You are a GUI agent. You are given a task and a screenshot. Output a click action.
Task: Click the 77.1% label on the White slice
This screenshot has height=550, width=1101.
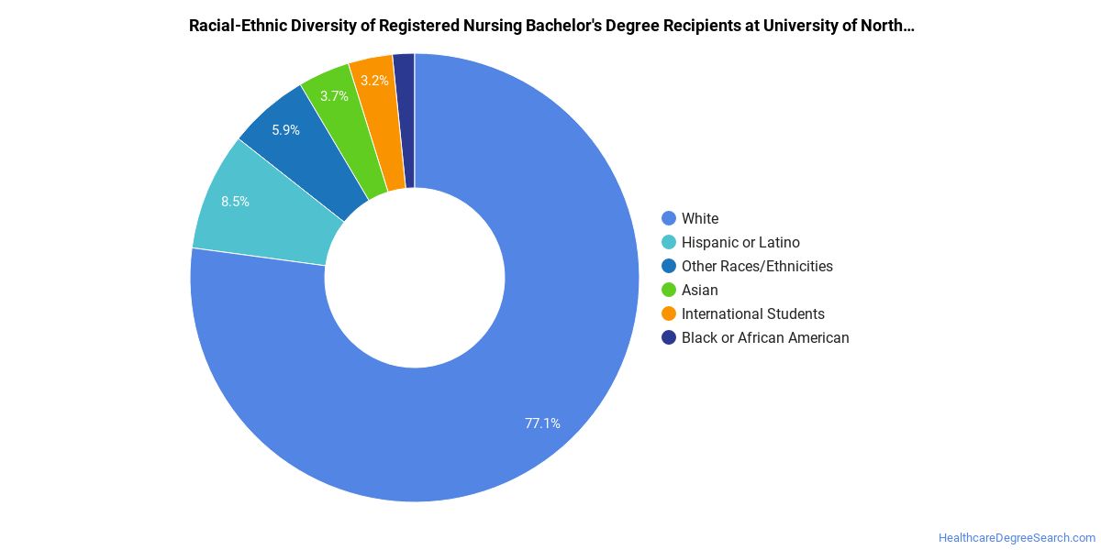tap(542, 423)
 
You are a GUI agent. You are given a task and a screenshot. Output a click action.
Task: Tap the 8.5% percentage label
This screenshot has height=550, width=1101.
tap(235, 202)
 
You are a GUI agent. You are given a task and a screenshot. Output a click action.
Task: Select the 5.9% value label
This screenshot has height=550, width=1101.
tap(285, 130)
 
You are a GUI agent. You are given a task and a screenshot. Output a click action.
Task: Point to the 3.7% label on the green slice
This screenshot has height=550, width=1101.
tap(334, 95)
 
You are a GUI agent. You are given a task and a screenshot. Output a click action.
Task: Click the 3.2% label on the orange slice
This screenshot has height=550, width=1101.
tap(374, 81)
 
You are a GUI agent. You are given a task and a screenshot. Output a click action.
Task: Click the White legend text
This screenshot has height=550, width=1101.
tap(700, 218)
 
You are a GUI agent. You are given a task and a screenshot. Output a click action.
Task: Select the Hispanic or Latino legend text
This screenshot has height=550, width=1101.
tap(740, 243)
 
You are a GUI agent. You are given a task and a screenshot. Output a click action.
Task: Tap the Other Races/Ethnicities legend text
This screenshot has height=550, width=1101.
tap(758, 266)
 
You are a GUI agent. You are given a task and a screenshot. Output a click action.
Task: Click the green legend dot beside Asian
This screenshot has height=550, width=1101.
tap(669, 290)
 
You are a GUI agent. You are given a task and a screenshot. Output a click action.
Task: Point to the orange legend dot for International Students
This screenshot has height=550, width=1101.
tap(669, 313)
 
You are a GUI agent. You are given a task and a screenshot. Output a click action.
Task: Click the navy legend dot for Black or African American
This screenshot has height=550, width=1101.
tap(669, 338)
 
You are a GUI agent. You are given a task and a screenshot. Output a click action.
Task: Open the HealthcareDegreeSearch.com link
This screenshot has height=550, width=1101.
tap(1017, 538)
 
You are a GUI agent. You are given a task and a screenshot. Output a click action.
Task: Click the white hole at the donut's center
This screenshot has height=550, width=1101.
tap(415, 278)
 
